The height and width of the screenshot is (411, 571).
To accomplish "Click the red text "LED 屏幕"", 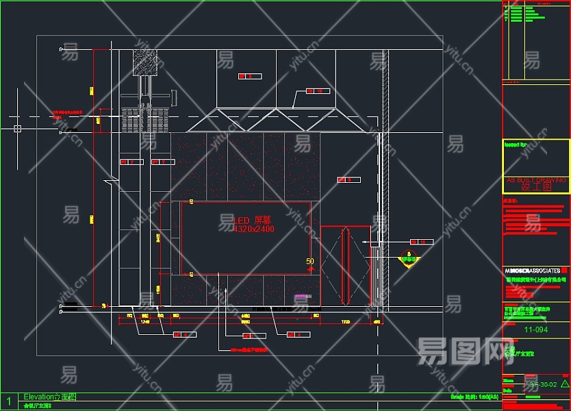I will click(253, 221).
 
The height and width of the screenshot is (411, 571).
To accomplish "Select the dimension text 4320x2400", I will click(253, 229).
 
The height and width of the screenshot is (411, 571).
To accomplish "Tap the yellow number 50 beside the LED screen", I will click(310, 261).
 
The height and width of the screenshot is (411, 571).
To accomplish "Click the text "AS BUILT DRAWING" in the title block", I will click(535, 179).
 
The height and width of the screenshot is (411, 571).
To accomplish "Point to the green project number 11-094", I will click(535, 329).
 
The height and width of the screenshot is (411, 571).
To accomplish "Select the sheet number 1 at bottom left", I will click(9, 401).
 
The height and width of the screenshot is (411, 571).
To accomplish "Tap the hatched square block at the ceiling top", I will click(146, 62).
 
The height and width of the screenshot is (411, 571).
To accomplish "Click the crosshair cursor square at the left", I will click(17, 128).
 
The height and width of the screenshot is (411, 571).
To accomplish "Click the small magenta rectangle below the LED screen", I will click(282, 297).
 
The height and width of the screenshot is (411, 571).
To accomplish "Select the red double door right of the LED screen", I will click(346, 265).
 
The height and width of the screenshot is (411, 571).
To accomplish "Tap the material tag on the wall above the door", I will click(348, 180).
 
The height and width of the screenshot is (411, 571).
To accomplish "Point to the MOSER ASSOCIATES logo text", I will click(532, 271).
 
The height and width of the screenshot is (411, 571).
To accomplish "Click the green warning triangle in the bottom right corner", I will click(564, 384).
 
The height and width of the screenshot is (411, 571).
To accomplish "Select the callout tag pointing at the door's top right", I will click(422, 242).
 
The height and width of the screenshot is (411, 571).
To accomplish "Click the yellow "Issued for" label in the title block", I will click(515, 145).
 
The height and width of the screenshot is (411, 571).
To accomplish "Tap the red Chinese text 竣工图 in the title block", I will click(535, 186).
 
